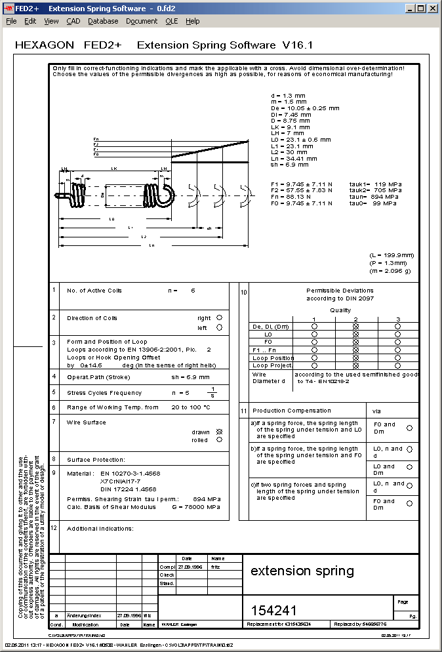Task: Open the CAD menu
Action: click(73, 21)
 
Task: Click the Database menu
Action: click(103, 21)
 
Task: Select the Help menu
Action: click(192, 21)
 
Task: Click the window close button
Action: click(432, 8)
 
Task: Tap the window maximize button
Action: click(421, 8)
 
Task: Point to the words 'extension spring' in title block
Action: click(302, 571)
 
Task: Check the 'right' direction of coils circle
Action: click(219, 318)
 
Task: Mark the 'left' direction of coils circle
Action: click(219, 327)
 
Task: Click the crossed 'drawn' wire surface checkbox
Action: click(219, 432)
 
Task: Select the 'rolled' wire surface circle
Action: click(219, 440)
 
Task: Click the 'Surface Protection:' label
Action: click(96, 460)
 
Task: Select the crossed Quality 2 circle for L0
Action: click(356, 334)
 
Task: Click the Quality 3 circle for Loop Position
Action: click(398, 358)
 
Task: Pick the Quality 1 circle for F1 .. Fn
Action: click(314, 350)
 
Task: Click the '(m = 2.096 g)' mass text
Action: click(392, 271)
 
